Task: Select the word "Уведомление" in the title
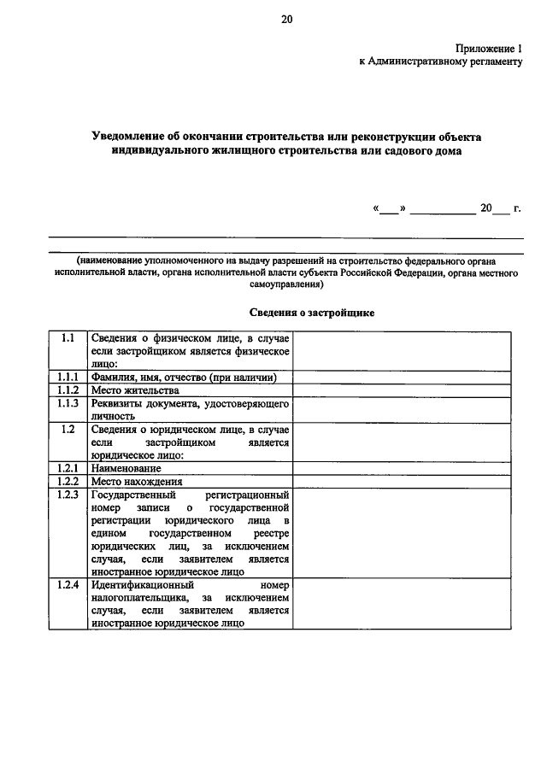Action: tap(135, 137)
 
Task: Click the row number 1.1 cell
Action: tap(68, 338)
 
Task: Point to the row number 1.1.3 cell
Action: tap(68, 403)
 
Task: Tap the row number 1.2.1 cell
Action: tap(68, 469)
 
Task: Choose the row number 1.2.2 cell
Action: tap(68, 482)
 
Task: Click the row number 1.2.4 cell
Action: tap(68, 586)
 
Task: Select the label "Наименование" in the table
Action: tap(126, 469)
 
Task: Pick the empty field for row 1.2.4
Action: tap(403, 605)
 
